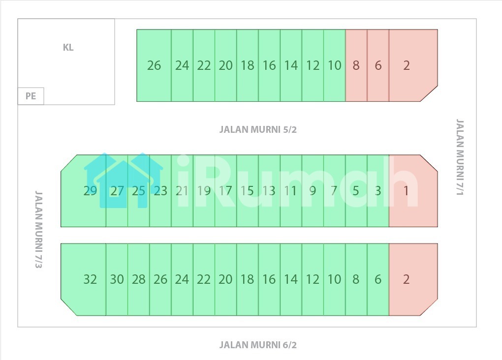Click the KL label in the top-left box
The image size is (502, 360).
click(68, 48)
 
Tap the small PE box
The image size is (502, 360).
click(31, 96)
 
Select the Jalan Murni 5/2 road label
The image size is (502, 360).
click(258, 130)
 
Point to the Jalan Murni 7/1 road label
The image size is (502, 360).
click(460, 157)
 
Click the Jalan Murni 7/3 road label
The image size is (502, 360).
click(38, 230)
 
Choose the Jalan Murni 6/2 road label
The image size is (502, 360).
click(258, 345)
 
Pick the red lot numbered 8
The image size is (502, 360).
click(356, 65)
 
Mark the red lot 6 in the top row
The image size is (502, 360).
click(378, 65)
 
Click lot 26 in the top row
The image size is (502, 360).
click(154, 65)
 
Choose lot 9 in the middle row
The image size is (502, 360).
click(313, 191)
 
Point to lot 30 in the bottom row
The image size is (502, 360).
click(117, 279)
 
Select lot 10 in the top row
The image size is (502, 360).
click(334, 65)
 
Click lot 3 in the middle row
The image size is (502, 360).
click(378, 191)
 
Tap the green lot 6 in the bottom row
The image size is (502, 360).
click(378, 279)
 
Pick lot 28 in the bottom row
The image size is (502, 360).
click(138, 279)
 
